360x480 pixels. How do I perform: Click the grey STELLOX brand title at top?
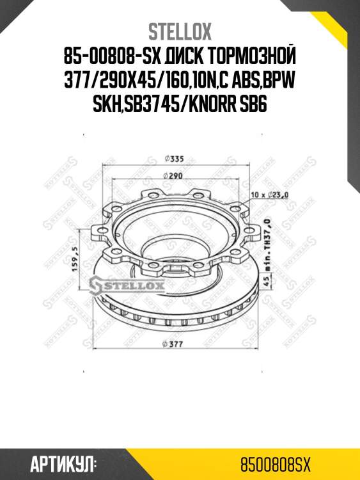[x=180, y=32]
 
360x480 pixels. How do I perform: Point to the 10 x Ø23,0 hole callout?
[x=272, y=194]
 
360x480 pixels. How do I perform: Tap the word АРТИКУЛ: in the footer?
[x=64, y=462]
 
